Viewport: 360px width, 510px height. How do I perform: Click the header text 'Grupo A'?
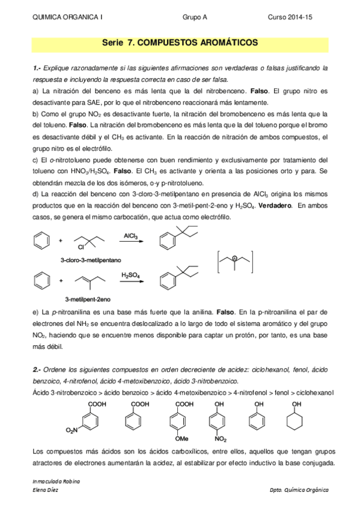(195, 18)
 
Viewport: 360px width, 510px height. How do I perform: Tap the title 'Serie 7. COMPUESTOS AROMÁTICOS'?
(180, 44)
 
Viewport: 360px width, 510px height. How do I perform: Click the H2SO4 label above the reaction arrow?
(130, 275)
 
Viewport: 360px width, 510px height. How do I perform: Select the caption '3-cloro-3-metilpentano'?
(91, 260)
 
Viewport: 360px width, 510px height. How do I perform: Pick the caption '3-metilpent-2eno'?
(88, 299)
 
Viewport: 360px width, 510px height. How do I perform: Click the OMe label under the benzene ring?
(181, 438)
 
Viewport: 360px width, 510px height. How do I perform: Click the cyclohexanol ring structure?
(295, 416)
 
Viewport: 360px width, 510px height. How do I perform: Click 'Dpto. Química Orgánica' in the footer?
(299, 490)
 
